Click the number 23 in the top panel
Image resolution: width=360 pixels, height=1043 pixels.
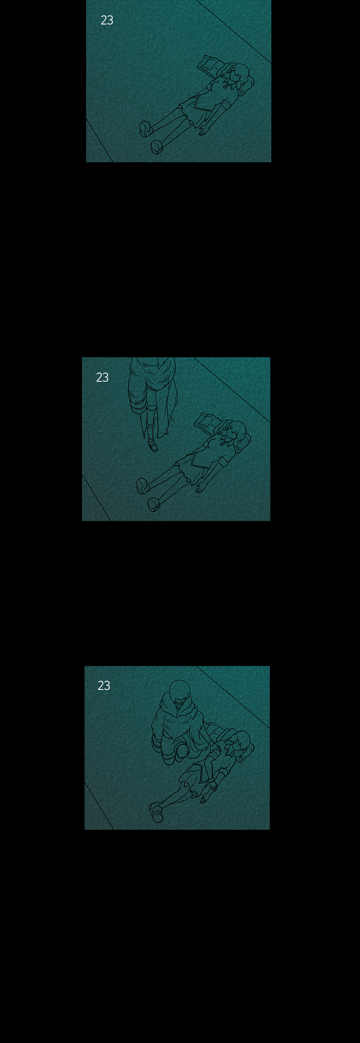tap(107, 20)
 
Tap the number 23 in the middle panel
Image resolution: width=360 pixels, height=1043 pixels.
tap(102, 378)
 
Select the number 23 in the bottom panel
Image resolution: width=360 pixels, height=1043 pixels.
tap(104, 686)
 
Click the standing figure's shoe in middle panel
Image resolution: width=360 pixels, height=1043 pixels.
tap(153, 446)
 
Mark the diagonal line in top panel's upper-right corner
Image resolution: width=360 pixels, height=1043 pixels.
tap(234, 31)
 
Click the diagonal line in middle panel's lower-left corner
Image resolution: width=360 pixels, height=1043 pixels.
tap(97, 497)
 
